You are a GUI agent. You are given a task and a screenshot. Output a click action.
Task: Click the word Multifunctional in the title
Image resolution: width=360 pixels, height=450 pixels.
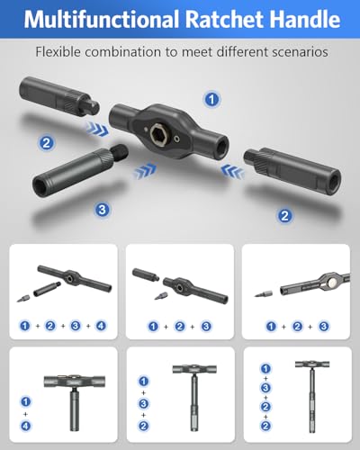click(103, 19)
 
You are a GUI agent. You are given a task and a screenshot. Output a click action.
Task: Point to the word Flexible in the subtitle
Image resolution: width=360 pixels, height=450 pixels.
click(58, 52)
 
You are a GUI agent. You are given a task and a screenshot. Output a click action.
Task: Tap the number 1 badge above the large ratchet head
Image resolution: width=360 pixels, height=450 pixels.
click(212, 99)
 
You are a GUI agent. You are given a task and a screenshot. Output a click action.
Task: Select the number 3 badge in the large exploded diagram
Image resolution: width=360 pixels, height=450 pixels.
click(102, 210)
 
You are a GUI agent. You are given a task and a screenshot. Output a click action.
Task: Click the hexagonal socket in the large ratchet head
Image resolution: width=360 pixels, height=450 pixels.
click(158, 132)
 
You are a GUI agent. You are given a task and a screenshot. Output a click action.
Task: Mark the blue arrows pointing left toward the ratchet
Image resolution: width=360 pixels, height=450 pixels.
click(232, 171)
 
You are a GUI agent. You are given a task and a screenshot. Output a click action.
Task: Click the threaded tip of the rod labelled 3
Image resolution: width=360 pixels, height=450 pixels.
click(120, 151)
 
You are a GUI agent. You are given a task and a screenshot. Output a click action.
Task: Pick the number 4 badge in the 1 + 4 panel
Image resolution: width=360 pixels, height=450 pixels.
click(26, 426)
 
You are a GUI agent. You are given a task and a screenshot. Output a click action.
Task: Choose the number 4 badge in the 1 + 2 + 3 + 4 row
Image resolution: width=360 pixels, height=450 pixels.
click(101, 326)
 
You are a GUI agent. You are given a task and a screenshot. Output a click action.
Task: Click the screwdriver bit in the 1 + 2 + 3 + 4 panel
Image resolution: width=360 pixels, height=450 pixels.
click(22, 299)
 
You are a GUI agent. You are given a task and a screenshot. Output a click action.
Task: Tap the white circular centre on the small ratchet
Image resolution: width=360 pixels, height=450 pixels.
click(332, 282)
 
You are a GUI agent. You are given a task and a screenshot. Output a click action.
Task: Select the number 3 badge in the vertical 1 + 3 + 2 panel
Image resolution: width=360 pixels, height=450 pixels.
click(143, 403)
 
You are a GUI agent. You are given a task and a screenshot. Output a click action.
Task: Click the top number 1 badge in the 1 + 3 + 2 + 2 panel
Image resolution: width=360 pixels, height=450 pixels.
click(265, 368)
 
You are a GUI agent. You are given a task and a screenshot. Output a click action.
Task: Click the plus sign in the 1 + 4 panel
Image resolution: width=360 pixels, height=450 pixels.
click(26, 414)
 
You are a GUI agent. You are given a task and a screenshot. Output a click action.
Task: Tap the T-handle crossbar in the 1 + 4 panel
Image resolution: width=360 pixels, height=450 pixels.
click(75, 381)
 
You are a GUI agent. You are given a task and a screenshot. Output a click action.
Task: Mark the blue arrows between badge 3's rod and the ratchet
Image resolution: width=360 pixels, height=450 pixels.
click(145, 171)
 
